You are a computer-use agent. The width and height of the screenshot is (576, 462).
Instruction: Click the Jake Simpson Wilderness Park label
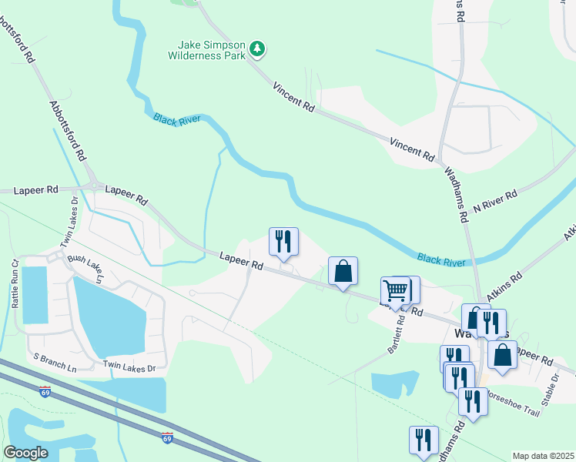click(207, 50)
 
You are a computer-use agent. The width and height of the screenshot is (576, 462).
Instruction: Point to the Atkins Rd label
click(504, 280)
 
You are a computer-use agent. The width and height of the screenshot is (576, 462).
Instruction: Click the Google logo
click(25, 452)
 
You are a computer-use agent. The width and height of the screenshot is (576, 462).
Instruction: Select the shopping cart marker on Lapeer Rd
click(395, 291)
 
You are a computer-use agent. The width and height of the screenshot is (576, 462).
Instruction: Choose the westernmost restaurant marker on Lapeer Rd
click(283, 241)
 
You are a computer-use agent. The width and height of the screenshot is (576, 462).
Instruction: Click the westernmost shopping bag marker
click(343, 270)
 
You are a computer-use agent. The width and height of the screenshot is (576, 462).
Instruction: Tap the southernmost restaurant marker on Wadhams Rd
click(424, 440)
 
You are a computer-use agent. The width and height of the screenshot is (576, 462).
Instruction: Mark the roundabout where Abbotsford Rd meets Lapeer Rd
click(95, 186)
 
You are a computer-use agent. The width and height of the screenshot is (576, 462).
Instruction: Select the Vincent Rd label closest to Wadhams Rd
click(412, 149)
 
